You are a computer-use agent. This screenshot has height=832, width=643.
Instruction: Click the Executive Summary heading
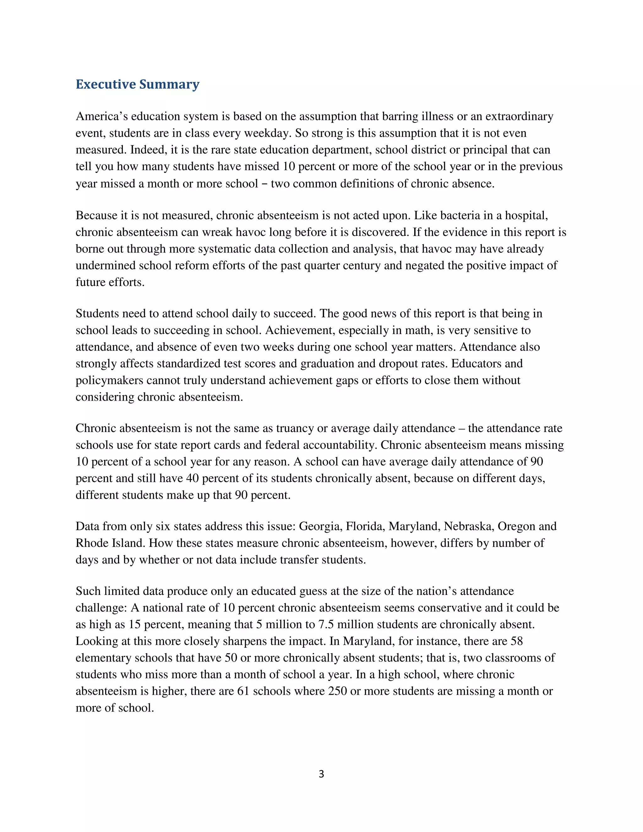pyautogui.click(x=138, y=84)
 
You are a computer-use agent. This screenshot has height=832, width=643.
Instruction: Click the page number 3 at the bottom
pyautogui.click(x=321, y=774)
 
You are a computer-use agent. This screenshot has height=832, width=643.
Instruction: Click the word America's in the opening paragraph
pyautogui.click(x=101, y=116)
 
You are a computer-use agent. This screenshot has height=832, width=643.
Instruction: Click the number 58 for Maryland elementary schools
pyautogui.click(x=516, y=641)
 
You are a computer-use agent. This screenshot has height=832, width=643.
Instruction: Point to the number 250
pyautogui.click(x=337, y=691)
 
